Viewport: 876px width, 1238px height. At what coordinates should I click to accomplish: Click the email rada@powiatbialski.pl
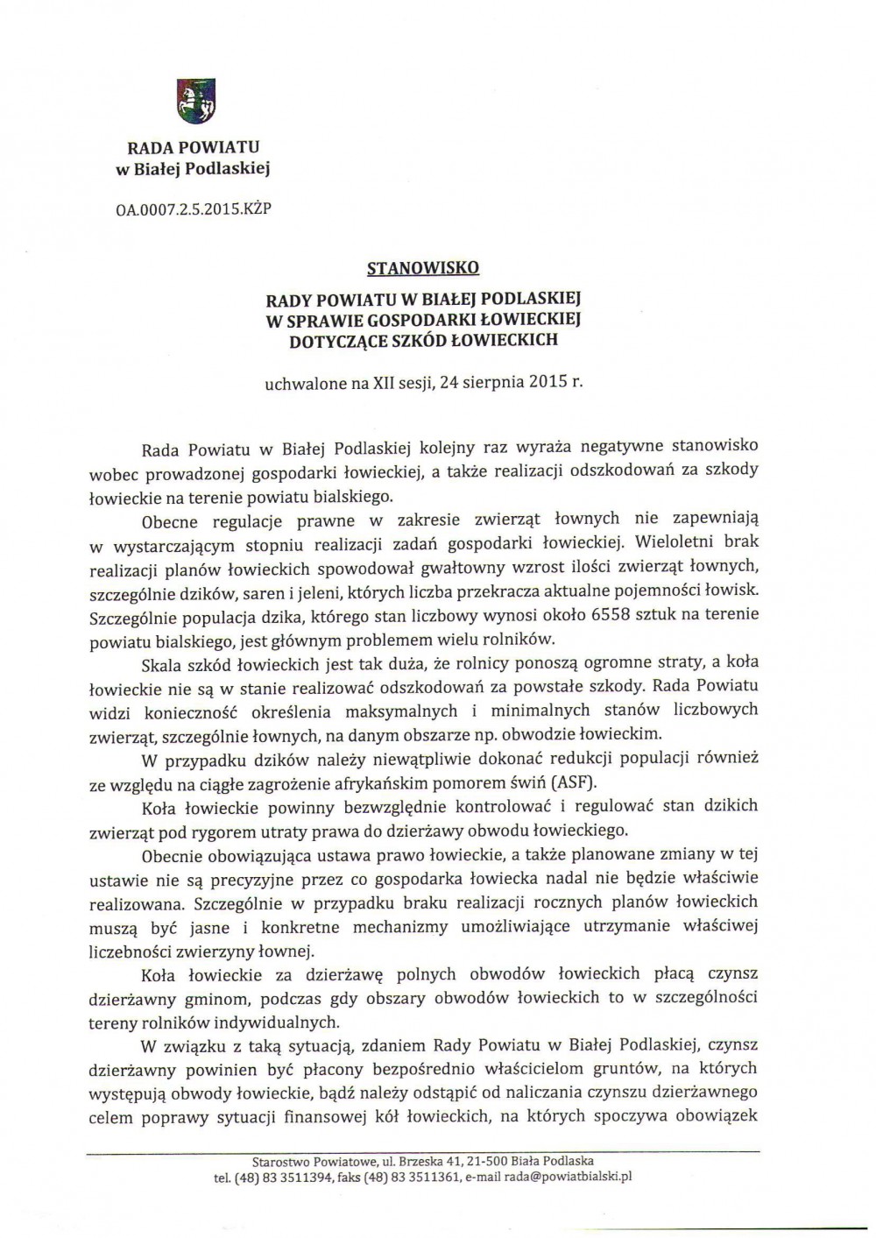pos(566,1177)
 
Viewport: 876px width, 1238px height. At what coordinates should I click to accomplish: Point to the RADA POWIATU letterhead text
pos(193,147)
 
